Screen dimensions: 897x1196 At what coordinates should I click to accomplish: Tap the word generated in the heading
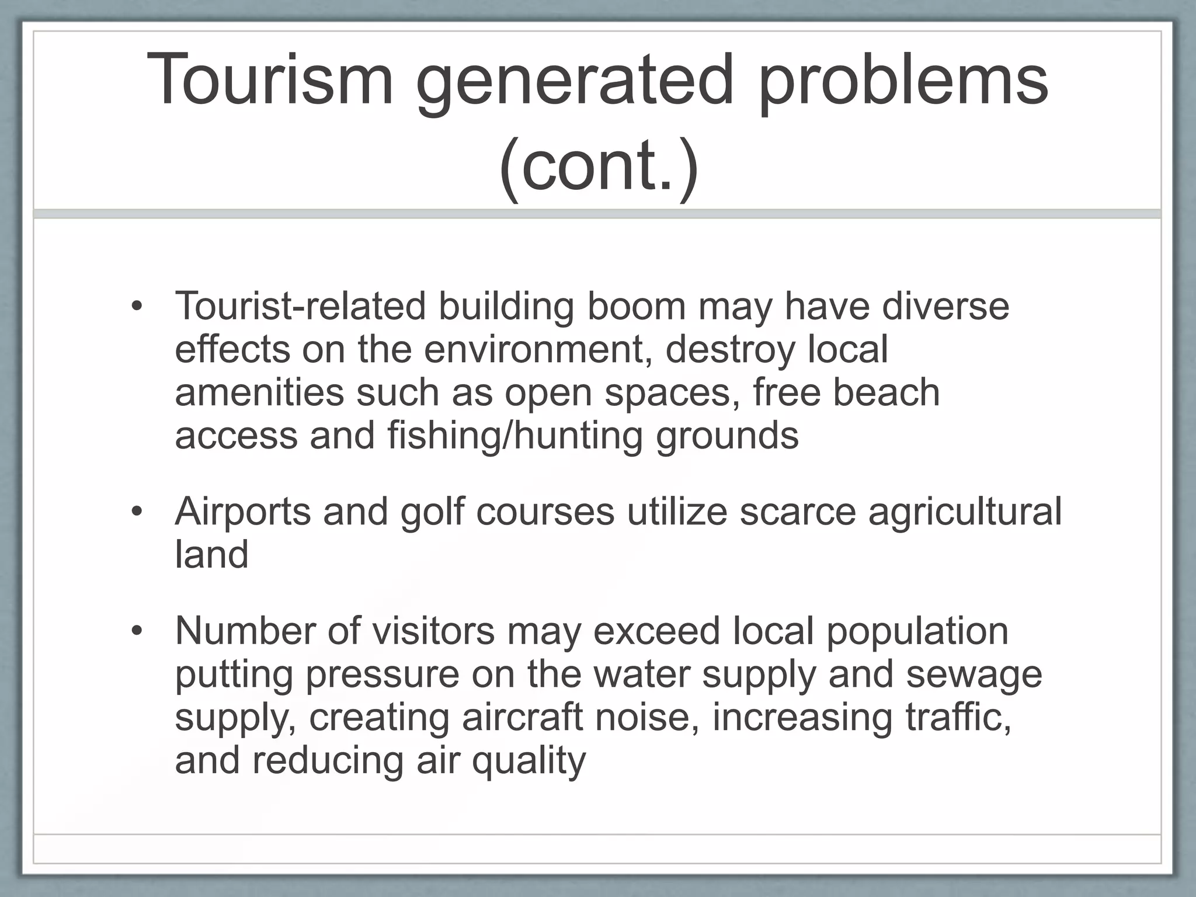[x=574, y=82]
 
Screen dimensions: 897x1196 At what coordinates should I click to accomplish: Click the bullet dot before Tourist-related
[x=137, y=307]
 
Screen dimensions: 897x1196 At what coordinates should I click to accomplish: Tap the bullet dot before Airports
[x=137, y=512]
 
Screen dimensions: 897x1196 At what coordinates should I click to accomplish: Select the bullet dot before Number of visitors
[x=137, y=632]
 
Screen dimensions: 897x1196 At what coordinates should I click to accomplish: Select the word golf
[x=432, y=512]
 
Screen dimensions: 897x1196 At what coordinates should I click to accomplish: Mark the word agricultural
[x=965, y=512]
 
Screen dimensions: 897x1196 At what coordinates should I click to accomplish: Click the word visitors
[x=433, y=632]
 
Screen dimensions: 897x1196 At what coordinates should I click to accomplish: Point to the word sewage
[x=974, y=675]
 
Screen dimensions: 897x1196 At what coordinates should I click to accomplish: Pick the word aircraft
[x=522, y=718]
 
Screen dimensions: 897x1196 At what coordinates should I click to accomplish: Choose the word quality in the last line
[x=529, y=761]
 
